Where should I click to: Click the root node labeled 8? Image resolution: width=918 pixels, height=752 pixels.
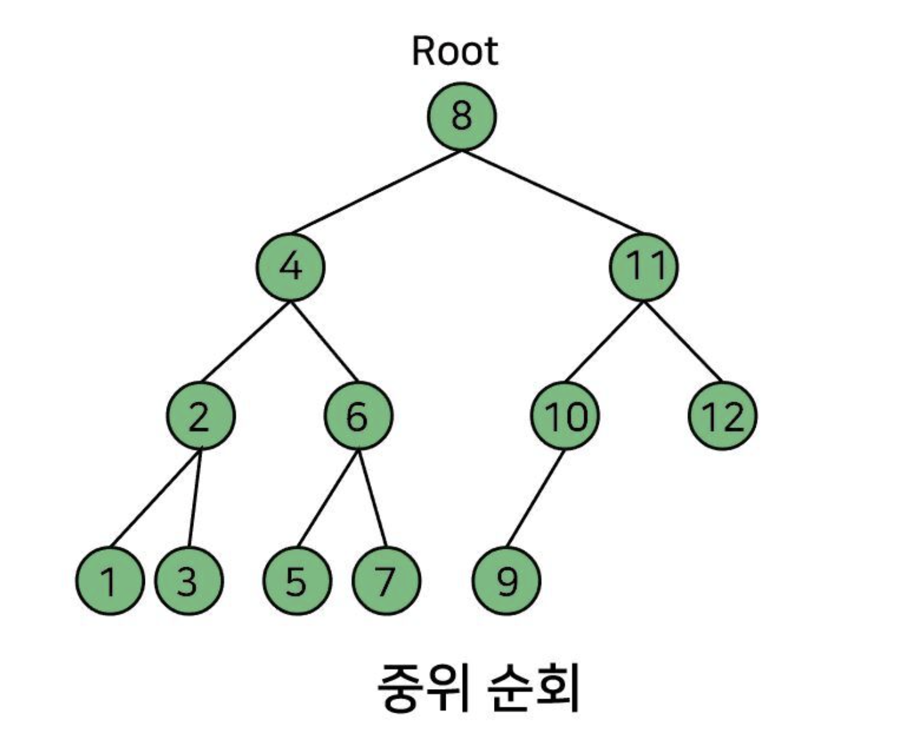461,116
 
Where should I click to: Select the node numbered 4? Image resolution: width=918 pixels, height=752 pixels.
291,267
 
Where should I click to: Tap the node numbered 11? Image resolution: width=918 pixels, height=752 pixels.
644,267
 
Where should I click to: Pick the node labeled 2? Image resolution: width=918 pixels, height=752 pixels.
201,416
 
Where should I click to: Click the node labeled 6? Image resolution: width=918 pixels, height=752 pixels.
359,416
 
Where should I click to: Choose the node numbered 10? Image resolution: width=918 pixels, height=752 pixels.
565,416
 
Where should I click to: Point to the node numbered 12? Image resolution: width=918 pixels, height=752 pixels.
723,416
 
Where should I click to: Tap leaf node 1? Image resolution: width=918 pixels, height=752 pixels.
109,581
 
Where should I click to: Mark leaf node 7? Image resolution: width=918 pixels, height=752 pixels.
386,581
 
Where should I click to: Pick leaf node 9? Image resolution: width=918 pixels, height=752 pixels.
507,581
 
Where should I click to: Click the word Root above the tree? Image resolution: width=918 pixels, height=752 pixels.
455,51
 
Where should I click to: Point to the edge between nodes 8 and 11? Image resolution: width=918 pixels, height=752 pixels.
552,191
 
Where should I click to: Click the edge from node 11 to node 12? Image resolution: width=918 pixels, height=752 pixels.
683,342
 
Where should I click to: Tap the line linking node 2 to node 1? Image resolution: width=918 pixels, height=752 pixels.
156,498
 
